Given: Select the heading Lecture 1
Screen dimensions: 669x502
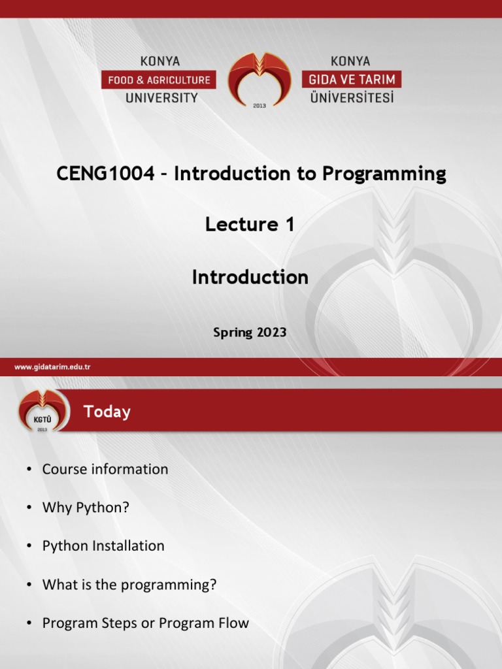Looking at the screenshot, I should [x=250, y=225].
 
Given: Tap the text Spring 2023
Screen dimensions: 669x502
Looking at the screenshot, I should [x=250, y=333].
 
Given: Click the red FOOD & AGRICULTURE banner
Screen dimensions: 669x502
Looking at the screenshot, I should [x=159, y=80].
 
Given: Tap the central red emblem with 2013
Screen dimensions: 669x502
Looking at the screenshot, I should [x=259, y=80].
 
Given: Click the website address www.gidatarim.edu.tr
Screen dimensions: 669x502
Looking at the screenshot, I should [x=52, y=367].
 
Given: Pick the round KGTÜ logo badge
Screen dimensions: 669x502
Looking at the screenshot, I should [x=42, y=411].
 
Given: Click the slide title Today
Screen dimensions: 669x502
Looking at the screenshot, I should [x=107, y=412].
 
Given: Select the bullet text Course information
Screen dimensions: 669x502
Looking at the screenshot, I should [x=105, y=469].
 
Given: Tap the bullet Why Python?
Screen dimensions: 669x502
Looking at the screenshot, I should [x=86, y=508].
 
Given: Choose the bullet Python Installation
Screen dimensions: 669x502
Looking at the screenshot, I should [x=103, y=546].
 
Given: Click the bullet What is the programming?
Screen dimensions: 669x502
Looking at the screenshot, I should [x=129, y=585].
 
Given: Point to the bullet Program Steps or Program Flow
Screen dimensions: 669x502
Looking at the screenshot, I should [x=145, y=623].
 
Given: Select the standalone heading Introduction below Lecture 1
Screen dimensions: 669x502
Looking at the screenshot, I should [x=250, y=278].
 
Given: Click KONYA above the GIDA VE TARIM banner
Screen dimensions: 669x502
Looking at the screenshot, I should [x=350, y=61].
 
